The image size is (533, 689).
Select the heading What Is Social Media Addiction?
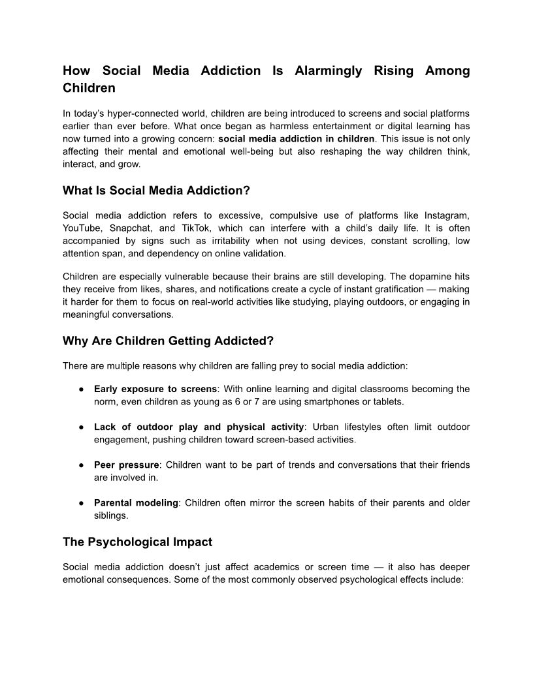[156, 191]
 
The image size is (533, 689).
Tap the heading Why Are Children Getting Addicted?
[168, 341]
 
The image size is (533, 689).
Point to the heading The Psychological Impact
[137, 542]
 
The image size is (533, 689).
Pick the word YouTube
[82, 228]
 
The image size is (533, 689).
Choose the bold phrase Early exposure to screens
[155, 389]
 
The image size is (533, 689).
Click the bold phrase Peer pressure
[126, 465]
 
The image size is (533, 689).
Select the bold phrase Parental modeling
[136, 503]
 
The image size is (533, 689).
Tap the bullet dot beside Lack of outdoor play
[80, 427]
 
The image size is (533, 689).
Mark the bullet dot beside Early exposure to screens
[80, 390]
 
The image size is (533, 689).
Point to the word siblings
[110, 515]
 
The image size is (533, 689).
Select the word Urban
[326, 427]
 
